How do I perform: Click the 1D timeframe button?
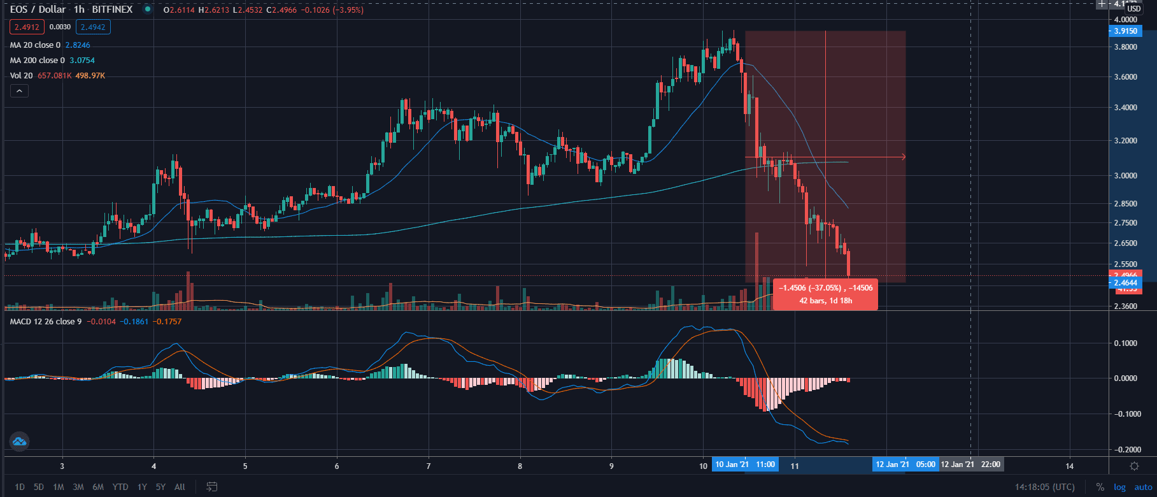pos(20,487)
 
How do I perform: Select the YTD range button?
pos(120,487)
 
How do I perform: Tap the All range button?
pos(180,487)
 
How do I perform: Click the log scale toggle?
pos(1119,487)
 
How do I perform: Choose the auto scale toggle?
pos(1143,487)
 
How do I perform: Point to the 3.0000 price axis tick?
pos(1125,176)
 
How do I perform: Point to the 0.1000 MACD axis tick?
pos(1125,343)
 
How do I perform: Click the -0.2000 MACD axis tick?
pos(1125,449)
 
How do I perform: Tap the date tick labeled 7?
pos(429,466)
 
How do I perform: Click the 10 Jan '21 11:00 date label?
pos(745,465)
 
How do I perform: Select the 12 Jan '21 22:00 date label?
pos(970,465)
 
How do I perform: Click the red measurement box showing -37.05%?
pos(825,294)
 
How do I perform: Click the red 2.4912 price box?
pos(27,27)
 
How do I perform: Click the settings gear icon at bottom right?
pos(1134,466)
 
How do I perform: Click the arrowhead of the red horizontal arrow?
pos(903,157)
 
